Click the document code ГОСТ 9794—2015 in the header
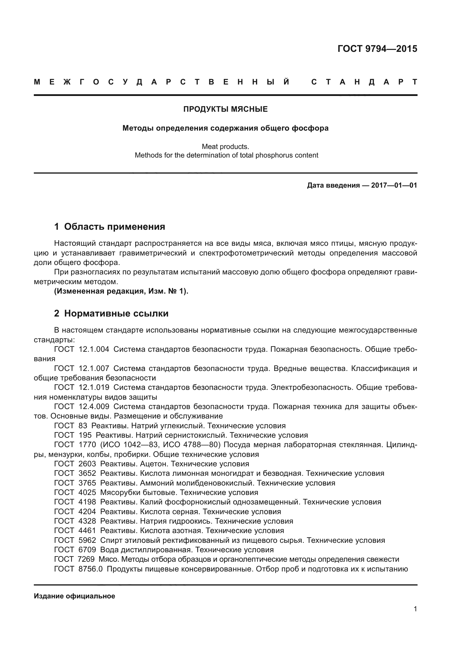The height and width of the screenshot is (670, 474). pos(377,49)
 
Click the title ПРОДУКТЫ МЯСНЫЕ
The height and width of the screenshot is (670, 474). pos(225,109)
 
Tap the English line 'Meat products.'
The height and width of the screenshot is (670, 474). pos(225,146)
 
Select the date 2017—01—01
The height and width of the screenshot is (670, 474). pos(394,185)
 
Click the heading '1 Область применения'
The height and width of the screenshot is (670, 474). pos(110,227)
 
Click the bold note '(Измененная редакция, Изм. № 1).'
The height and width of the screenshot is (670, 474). pos(121,291)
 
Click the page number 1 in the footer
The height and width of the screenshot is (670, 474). pos(415,609)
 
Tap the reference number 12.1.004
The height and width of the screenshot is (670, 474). pos(94,349)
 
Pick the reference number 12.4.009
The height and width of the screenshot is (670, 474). pos(94,406)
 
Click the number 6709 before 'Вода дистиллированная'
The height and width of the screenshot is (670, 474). pos(87,550)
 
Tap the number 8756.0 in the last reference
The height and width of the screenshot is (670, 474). pos(91,569)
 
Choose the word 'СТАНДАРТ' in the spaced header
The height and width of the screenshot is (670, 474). pos(364,82)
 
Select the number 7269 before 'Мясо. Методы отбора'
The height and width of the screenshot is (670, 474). pos(86,559)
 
